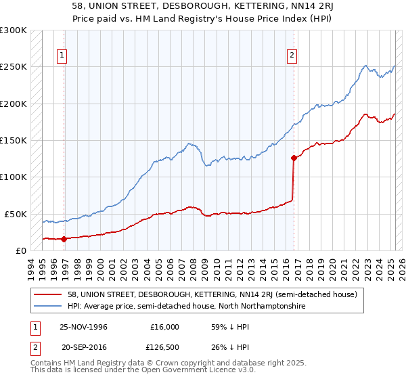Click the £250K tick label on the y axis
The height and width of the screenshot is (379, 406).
point(13,67)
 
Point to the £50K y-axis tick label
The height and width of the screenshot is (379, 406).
point(16,214)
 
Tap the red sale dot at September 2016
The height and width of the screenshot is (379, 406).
point(294,158)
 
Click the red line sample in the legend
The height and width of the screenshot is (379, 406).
point(48,294)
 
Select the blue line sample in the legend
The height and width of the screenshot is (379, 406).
point(48,306)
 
